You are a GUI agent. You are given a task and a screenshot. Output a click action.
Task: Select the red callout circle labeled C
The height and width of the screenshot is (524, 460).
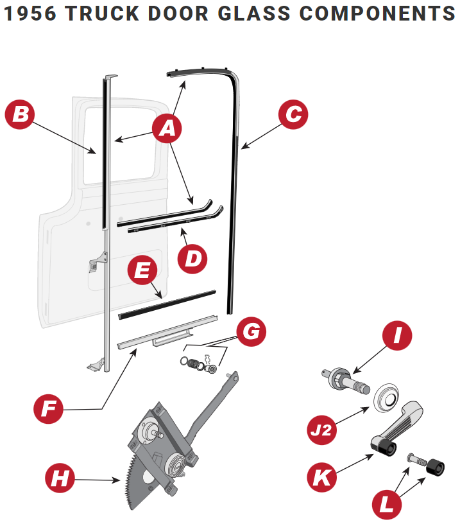293,114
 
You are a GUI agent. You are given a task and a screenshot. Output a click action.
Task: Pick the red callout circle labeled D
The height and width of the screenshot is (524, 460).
192,258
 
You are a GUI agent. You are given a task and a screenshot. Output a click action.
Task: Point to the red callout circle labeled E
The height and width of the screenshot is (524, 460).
142,270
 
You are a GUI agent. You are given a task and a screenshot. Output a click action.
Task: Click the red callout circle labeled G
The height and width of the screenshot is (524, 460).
251,331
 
